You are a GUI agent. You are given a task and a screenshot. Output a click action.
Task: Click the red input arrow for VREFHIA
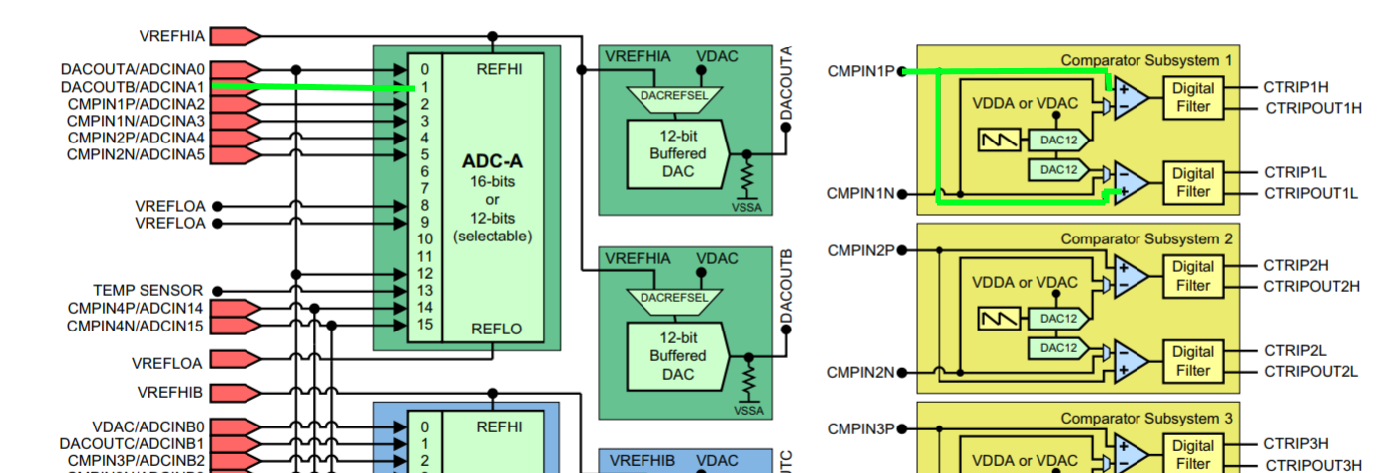236,36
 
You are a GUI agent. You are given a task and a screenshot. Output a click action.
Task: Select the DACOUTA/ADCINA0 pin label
133,70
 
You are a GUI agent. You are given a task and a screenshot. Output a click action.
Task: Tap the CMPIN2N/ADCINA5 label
136,154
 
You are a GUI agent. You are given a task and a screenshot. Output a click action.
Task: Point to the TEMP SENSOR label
148,290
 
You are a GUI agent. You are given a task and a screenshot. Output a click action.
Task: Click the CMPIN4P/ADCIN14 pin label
136,308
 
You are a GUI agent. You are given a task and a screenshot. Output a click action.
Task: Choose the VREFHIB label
171,393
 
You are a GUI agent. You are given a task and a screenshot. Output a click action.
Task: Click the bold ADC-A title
492,161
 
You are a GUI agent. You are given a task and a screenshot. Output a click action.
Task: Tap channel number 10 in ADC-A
425,238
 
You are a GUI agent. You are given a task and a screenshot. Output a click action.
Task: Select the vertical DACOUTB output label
787,286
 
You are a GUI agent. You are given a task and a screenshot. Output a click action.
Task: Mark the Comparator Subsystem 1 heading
1145,60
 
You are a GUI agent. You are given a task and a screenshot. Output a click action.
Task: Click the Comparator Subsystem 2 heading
1145,238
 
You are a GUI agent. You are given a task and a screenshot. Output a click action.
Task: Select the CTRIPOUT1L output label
1311,193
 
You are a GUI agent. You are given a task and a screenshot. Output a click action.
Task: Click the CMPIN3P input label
860,428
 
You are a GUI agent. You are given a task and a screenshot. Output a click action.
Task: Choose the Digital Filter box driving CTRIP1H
1192,97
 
